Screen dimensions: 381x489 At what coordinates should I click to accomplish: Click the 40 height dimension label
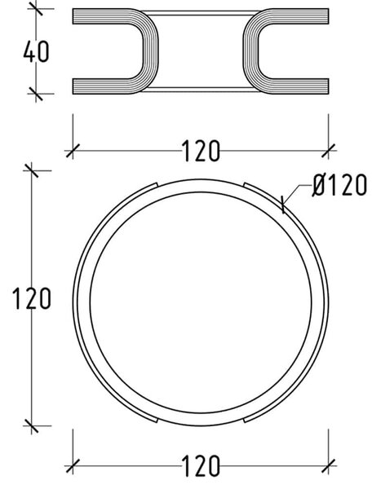[x=36, y=51]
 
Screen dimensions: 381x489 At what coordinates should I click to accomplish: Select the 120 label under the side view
[x=201, y=151]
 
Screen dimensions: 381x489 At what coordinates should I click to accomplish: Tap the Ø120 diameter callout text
[x=339, y=185]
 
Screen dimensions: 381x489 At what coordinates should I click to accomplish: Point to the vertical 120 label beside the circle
[x=31, y=298]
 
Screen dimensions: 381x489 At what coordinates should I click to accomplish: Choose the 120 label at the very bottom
[x=201, y=466]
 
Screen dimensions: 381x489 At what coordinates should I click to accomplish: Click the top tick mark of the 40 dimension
[x=36, y=8]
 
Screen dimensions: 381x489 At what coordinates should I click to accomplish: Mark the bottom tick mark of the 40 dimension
[x=36, y=93]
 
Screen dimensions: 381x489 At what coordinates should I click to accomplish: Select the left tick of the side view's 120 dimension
[x=73, y=151]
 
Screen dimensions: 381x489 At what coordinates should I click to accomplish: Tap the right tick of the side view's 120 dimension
[x=329, y=151]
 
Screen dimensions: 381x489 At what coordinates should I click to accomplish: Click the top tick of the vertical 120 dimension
[x=31, y=170]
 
